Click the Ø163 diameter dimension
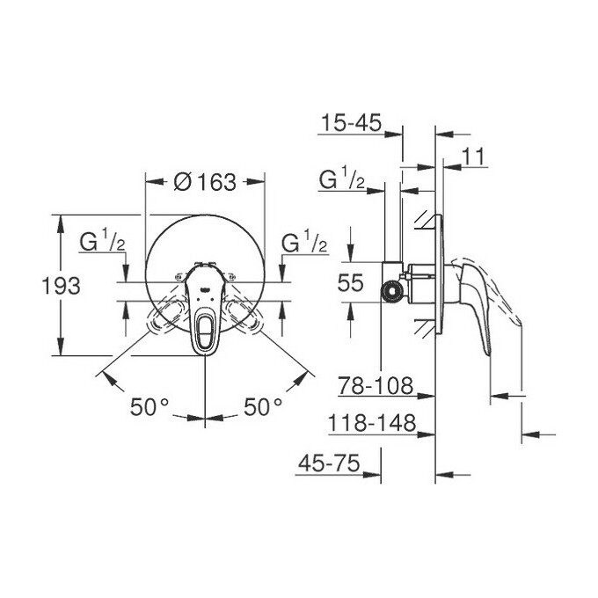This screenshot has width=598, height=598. point(205,182)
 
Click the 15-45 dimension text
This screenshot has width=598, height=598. point(350,123)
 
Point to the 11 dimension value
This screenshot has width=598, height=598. point(474,157)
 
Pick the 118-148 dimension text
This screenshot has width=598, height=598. point(371,424)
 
